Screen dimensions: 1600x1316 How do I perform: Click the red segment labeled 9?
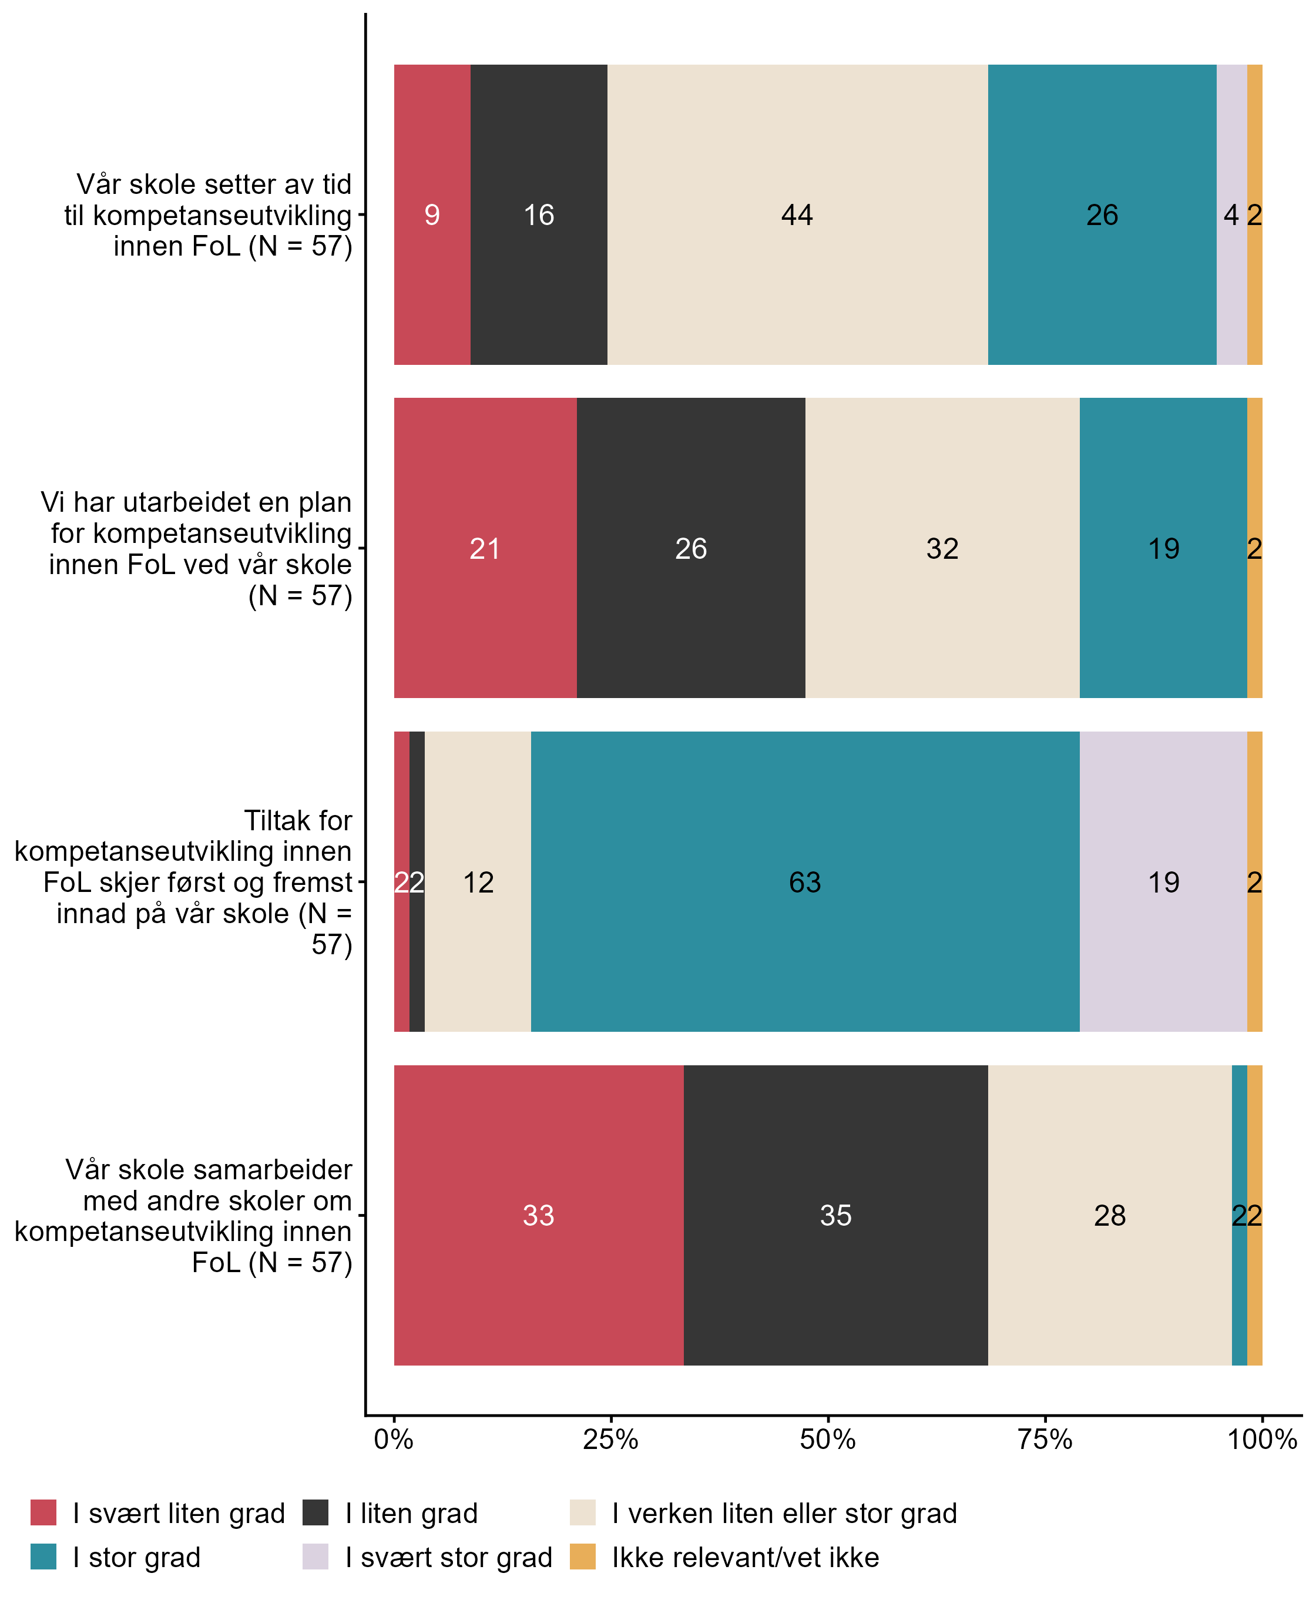pos(432,214)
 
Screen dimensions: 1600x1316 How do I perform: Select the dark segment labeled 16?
pos(539,214)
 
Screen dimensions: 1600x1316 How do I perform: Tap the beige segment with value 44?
pos(797,214)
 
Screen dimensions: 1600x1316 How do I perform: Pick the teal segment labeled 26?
pos(1102,214)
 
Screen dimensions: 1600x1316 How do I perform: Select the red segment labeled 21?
pos(485,548)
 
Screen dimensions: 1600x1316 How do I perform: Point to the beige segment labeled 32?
pos(942,548)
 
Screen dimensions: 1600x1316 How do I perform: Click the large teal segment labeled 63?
pos(805,882)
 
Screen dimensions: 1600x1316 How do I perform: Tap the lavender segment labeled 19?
pos(1164,882)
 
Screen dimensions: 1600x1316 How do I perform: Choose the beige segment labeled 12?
pos(478,882)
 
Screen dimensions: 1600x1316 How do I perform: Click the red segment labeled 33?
pos(539,1216)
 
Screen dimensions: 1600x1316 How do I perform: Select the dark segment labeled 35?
pos(835,1216)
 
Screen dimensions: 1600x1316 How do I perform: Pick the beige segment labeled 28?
pos(1110,1216)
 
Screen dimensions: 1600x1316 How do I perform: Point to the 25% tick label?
pos(611,1439)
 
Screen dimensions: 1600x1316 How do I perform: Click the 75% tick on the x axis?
pos(1045,1439)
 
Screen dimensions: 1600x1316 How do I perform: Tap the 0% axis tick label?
pos(394,1439)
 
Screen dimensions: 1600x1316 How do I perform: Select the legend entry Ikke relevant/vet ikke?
pos(745,1558)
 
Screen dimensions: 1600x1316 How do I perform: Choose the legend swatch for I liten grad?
pos(315,1513)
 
